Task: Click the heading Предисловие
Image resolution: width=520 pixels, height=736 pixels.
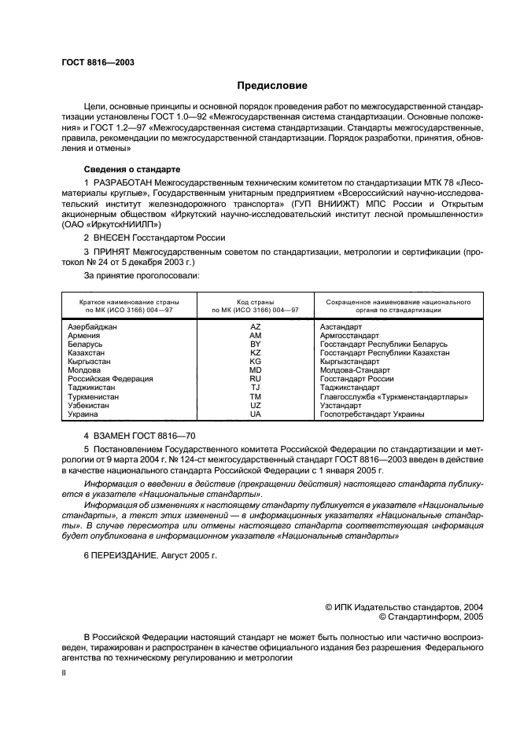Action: click(272, 86)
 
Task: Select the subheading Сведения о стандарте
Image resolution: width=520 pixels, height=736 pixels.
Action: click(132, 169)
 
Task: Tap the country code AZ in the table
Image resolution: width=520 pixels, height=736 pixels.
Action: click(255, 326)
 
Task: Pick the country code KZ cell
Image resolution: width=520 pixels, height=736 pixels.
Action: click(255, 353)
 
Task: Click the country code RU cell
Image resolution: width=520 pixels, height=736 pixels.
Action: click(255, 379)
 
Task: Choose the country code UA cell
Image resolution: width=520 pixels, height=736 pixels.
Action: click(255, 414)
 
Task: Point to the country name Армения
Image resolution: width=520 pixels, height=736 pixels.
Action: click(84, 336)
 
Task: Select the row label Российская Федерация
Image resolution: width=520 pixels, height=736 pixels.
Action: click(111, 379)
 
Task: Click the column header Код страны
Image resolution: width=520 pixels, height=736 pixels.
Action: click(255, 302)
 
